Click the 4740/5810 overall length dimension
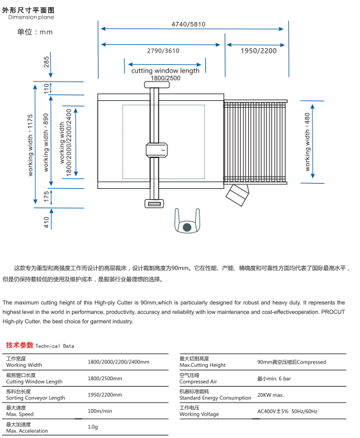[x=189, y=24]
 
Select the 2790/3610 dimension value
[x=163, y=50]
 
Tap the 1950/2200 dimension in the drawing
[x=259, y=50]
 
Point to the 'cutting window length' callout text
[x=166, y=71]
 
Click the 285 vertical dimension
[x=46, y=62]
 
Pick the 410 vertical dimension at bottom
[x=46, y=222]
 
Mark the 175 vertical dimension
[x=46, y=197]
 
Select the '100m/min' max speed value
[x=100, y=411]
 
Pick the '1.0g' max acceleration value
[x=92, y=427]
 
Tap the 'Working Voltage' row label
[x=199, y=414]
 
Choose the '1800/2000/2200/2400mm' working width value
[x=118, y=362]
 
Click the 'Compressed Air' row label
[x=198, y=381]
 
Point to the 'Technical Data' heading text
[x=55, y=346]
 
